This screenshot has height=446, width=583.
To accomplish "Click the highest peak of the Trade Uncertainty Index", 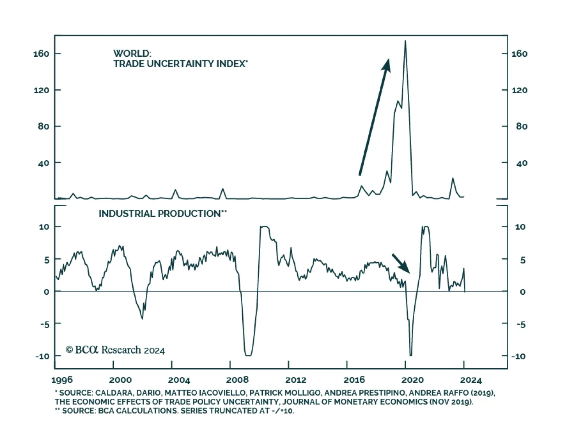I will click(405, 41).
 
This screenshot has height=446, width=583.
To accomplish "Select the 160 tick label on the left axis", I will click(41, 54).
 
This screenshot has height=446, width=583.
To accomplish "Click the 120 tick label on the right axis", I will click(519, 90).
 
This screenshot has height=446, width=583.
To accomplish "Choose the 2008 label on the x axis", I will click(237, 380).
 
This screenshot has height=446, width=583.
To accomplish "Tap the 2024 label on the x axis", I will click(471, 380).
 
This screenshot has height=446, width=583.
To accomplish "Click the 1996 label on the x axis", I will click(62, 380).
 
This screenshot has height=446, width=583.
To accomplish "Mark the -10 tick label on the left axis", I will click(42, 356).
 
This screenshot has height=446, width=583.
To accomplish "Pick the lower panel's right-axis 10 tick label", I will click(520, 227).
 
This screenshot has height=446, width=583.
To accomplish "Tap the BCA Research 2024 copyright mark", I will click(115, 350).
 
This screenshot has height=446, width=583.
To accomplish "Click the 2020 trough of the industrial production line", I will click(411, 355).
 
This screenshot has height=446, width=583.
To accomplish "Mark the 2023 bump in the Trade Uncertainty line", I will click(453, 178).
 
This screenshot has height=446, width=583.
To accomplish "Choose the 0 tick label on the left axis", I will click(46, 292).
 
